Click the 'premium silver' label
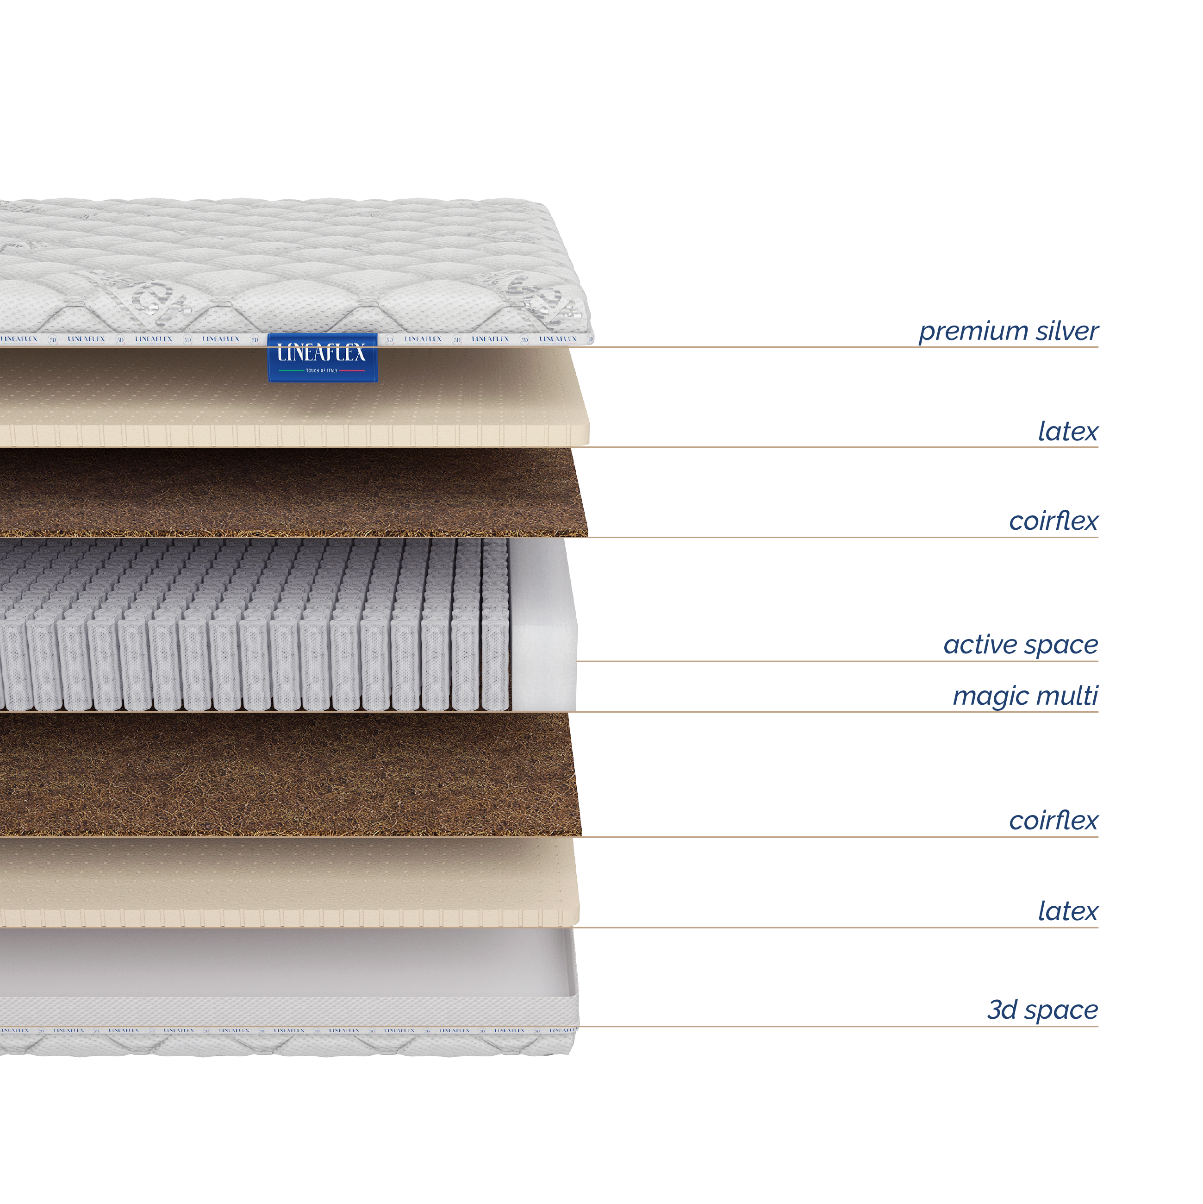1008,331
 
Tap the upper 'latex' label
1067,431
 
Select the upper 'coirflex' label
1053,521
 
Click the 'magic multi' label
1025,696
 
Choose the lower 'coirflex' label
1053,820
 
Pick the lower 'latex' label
1067,911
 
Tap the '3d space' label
1042,1010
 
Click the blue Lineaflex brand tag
322,357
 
